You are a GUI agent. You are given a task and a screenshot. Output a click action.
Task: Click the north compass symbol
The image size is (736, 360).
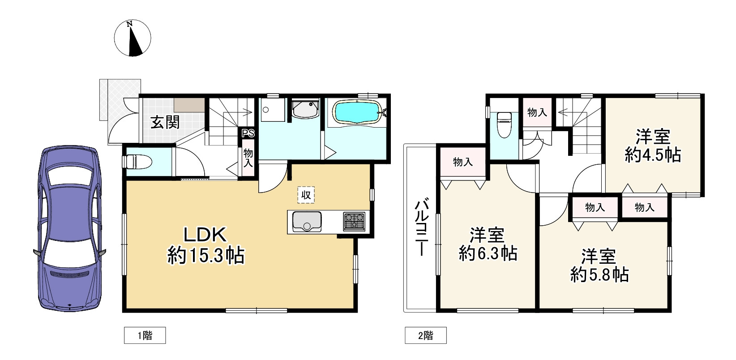[x=133, y=38]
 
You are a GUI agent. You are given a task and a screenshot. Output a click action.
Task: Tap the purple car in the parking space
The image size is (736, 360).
[x=70, y=228]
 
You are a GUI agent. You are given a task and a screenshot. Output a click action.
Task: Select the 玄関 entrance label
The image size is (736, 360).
[x=165, y=123]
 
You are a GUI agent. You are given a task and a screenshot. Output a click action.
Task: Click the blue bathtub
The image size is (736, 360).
[x=357, y=112]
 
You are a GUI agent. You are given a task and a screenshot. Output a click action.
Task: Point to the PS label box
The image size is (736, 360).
[x=248, y=133]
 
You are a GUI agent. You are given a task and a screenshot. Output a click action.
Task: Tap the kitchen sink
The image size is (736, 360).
[x=307, y=222]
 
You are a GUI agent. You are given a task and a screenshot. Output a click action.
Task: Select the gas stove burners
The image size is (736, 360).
[x=354, y=221]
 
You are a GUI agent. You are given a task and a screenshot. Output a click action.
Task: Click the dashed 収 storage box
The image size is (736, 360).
[x=306, y=195]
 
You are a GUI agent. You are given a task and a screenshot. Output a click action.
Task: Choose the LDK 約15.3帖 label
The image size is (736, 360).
[x=205, y=245]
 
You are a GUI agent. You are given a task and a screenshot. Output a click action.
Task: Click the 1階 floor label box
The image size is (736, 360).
[x=145, y=335]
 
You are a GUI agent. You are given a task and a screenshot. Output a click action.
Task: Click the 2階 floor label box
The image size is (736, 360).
[x=425, y=335]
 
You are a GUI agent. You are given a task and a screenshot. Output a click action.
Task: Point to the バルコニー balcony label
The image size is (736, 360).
[x=421, y=227]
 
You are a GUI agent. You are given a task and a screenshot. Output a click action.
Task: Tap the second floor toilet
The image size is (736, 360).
[x=505, y=124]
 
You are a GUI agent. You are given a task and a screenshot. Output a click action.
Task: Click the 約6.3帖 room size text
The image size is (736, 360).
[x=488, y=253]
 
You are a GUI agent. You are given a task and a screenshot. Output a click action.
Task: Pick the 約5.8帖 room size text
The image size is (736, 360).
[x=599, y=274]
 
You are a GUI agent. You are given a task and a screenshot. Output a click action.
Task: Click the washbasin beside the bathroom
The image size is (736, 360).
[x=306, y=109]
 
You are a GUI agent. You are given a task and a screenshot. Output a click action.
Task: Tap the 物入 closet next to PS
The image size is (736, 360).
[x=248, y=158]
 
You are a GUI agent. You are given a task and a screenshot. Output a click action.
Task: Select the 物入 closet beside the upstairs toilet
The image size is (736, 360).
[x=537, y=112]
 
